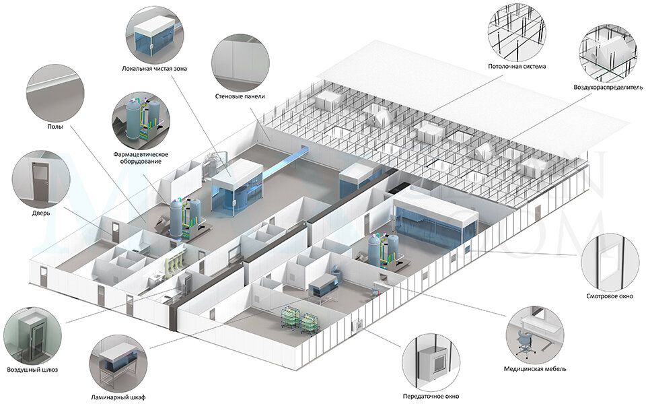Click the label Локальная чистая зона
click(x=155, y=68)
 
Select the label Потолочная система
click(x=517, y=67)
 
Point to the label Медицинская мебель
click(x=535, y=369)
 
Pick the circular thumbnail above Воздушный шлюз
click(x=32, y=335)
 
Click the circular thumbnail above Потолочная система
click(x=517, y=31)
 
